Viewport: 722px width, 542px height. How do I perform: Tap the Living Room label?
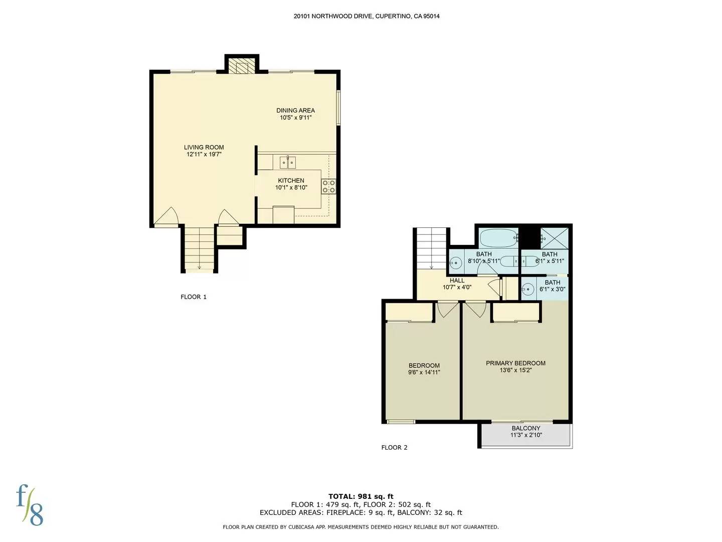point(204,148)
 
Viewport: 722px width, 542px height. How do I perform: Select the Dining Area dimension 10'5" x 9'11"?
point(296,118)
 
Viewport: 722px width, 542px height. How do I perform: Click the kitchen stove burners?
point(328,187)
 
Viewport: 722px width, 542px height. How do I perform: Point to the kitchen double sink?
point(287,163)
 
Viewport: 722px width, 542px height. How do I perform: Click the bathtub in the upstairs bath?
point(498,237)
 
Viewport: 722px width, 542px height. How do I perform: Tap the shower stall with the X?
point(554,237)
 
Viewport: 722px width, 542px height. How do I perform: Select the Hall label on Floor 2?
point(457,281)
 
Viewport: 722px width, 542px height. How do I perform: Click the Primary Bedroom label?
point(515,363)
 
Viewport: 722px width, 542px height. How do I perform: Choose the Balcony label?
point(526,429)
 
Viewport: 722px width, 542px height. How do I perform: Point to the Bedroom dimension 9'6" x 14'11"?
point(424,372)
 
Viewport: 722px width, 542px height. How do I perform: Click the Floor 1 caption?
point(194,297)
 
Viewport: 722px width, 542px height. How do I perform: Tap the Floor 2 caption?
point(394,448)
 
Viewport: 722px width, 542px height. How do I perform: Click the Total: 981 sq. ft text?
point(360,496)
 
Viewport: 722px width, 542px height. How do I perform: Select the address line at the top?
point(367,16)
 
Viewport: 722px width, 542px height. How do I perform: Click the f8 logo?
point(30,505)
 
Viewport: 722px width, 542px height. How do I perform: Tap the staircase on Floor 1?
point(200,249)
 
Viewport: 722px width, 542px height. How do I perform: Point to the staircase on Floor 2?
point(432,248)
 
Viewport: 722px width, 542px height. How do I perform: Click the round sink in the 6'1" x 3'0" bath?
point(527,289)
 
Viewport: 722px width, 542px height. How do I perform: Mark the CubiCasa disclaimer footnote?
point(360,527)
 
